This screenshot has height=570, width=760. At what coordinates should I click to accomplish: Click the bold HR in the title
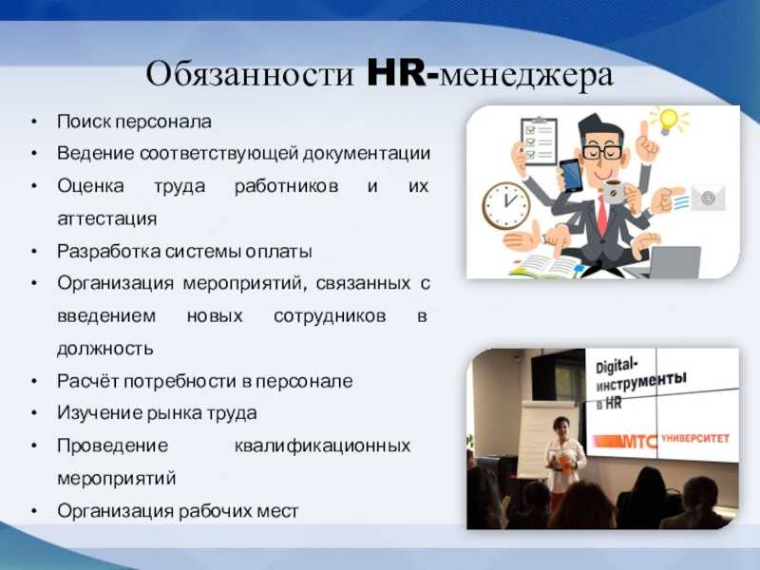coord(397,74)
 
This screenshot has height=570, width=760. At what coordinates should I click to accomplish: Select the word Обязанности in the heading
coord(250,74)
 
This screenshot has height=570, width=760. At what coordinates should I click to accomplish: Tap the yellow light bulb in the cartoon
coord(669,120)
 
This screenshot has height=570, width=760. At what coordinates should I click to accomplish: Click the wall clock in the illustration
coord(506,205)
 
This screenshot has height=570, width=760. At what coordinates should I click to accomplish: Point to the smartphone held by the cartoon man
coord(571,176)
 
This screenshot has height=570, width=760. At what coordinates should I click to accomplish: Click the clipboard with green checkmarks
coord(538,141)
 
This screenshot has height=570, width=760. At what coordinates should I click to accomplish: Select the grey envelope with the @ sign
coord(708,198)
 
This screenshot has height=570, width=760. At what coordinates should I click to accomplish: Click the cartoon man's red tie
coord(602,215)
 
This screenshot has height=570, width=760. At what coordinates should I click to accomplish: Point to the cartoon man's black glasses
coord(600,152)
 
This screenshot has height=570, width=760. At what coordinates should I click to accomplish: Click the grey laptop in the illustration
coord(673,262)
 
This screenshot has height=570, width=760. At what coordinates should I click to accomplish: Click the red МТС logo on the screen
coord(626,441)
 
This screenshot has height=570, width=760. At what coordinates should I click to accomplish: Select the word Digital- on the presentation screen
coord(617,366)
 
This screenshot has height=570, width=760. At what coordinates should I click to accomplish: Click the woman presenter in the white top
coord(563,453)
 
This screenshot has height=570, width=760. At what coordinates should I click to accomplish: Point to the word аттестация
coord(107,218)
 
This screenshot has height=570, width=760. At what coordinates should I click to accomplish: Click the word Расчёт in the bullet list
coord(87,381)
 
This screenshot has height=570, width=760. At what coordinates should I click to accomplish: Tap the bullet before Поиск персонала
coord(34,122)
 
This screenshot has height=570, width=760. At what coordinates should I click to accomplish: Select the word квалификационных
coord(323,446)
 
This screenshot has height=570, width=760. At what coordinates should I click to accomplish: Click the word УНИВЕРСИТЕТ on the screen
coord(696,438)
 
